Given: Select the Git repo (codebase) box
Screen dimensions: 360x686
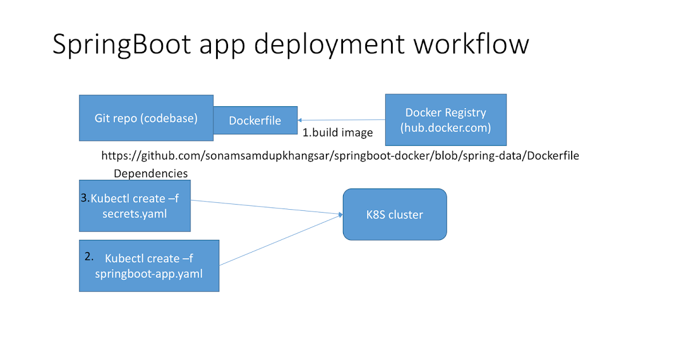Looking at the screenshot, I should click(x=146, y=118).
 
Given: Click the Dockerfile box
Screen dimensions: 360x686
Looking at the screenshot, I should click(x=255, y=121).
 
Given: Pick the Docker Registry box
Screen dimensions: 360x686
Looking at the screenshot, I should click(x=446, y=120).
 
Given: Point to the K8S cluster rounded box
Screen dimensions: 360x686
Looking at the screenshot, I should click(x=394, y=215).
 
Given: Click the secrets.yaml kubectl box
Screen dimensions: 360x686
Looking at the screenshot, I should click(x=134, y=206).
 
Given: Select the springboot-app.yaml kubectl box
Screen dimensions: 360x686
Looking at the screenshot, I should click(x=149, y=266).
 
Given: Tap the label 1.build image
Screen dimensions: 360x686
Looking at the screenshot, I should click(x=337, y=133).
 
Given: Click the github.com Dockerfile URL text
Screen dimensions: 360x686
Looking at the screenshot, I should click(x=340, y=155).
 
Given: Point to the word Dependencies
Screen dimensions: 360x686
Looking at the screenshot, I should click(x=151, y=173).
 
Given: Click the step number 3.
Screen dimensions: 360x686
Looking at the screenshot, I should click(x=85, y=198).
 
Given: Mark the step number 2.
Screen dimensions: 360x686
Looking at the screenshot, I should click(x=89, y=257).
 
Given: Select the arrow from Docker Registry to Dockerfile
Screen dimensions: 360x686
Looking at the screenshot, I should click(x=341, y=120).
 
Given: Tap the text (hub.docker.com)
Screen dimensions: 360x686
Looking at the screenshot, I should click(x=446, y=127).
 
